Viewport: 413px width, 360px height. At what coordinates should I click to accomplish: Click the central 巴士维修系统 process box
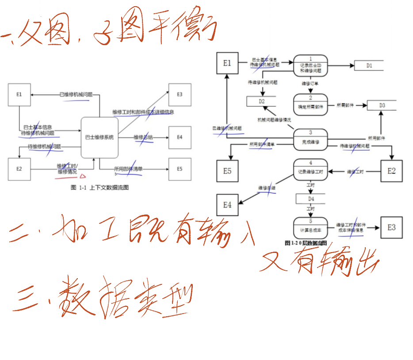tap(99, 138)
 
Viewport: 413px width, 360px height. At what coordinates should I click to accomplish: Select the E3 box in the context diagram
tap(180, 95)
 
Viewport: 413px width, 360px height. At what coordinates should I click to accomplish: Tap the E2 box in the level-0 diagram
tap(391, 171)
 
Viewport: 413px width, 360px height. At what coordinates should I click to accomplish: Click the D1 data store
tap(369, 66)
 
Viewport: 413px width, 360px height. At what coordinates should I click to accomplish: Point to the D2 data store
tap(261, 101)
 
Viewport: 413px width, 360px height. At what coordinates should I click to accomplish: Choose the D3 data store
tap(382, 106)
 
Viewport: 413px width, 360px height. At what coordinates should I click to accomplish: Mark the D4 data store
tap(311, 199)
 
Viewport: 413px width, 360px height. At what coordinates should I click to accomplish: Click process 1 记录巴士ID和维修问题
tap(311, 65)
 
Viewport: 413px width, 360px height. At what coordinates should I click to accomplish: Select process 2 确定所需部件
tap(311, 104)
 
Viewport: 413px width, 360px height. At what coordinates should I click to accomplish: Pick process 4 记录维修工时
tap(311, 169)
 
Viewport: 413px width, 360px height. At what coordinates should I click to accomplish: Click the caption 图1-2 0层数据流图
tap(306, 243)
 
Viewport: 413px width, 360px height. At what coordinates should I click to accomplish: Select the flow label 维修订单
tap(310, 83)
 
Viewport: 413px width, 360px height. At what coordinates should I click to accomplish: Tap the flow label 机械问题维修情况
tap(274, 120)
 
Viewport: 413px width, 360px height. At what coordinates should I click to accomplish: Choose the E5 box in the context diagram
tap(180, 169)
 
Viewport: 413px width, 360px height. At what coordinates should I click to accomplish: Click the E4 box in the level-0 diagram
tap(227, 205)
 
